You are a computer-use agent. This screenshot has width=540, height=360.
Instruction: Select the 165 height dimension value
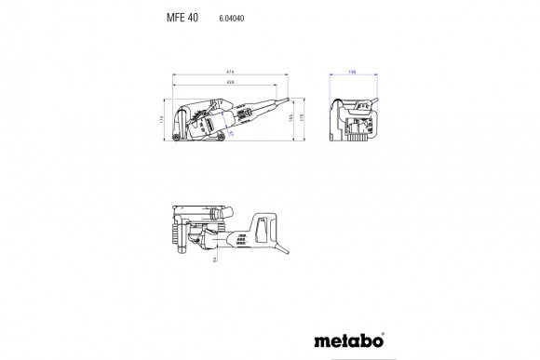point(291,118)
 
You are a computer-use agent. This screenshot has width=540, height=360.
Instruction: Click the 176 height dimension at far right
point(304,118)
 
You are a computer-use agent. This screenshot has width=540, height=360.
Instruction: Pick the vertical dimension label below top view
point(213,263)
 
